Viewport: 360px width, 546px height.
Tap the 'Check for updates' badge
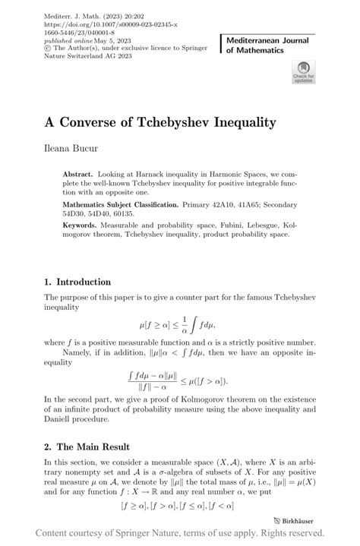(303, 73)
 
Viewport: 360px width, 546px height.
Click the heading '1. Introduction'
(84, 282)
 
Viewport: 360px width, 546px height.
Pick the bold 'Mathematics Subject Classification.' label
(122, 204)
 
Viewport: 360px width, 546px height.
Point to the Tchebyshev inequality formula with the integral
(179, 327)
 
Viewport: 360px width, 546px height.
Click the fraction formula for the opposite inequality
(179, 380)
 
